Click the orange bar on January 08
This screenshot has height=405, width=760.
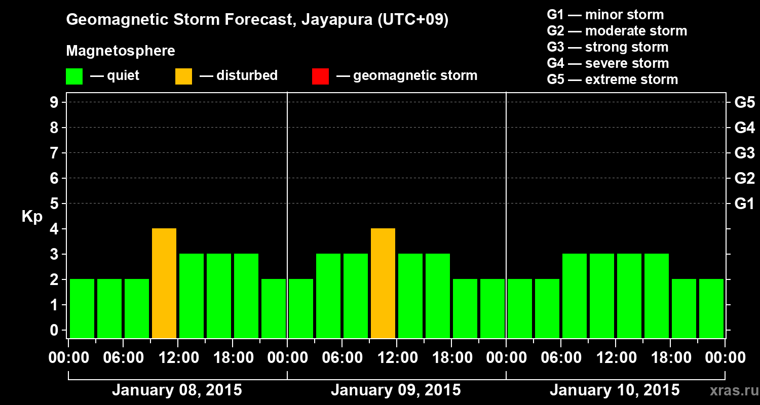(164, 283)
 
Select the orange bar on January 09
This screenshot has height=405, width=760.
(383, 283)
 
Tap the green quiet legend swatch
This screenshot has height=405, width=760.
(74, 76)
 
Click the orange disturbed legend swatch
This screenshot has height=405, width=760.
(183, 76)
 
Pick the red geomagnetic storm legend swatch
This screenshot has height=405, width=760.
(320, 76)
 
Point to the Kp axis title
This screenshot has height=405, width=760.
(32, 216)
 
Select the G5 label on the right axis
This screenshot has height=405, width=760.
(744, 102)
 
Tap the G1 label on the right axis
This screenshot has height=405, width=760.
(744, 204)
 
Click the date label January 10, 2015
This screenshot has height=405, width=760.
(615, 390)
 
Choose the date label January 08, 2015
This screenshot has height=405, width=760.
(177, 390)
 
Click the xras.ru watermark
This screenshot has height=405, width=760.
(733, 391)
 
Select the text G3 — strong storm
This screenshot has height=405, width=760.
(607, 47)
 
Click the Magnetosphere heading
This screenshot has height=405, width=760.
(121, 51)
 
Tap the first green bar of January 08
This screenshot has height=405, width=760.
(82, 308)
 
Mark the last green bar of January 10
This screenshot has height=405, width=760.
(711, 308)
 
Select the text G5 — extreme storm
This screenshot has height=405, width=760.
(612, 79)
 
